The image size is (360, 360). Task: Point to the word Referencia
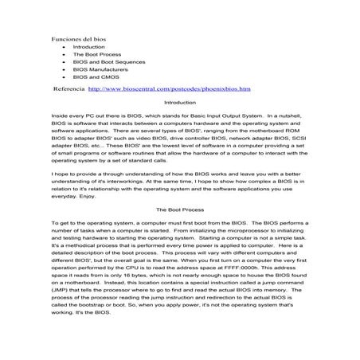click(x=67, y=89)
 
